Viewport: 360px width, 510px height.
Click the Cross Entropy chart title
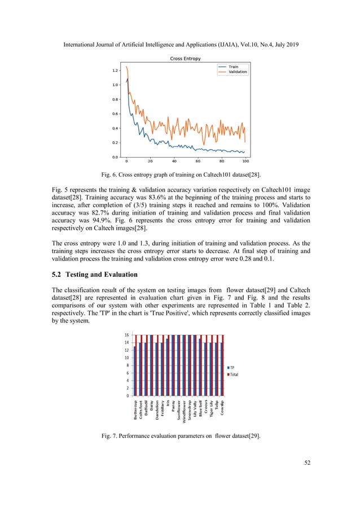(185, 59)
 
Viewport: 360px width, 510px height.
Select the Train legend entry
(232, 67)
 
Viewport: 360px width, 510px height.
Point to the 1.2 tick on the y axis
(115, 71)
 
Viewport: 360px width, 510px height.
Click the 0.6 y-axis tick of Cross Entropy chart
(115, 114)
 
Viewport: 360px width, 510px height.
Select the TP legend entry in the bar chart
(232, 368)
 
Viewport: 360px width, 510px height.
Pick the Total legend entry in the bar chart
(235, 374)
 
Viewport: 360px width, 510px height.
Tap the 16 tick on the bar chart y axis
(128, 335)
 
